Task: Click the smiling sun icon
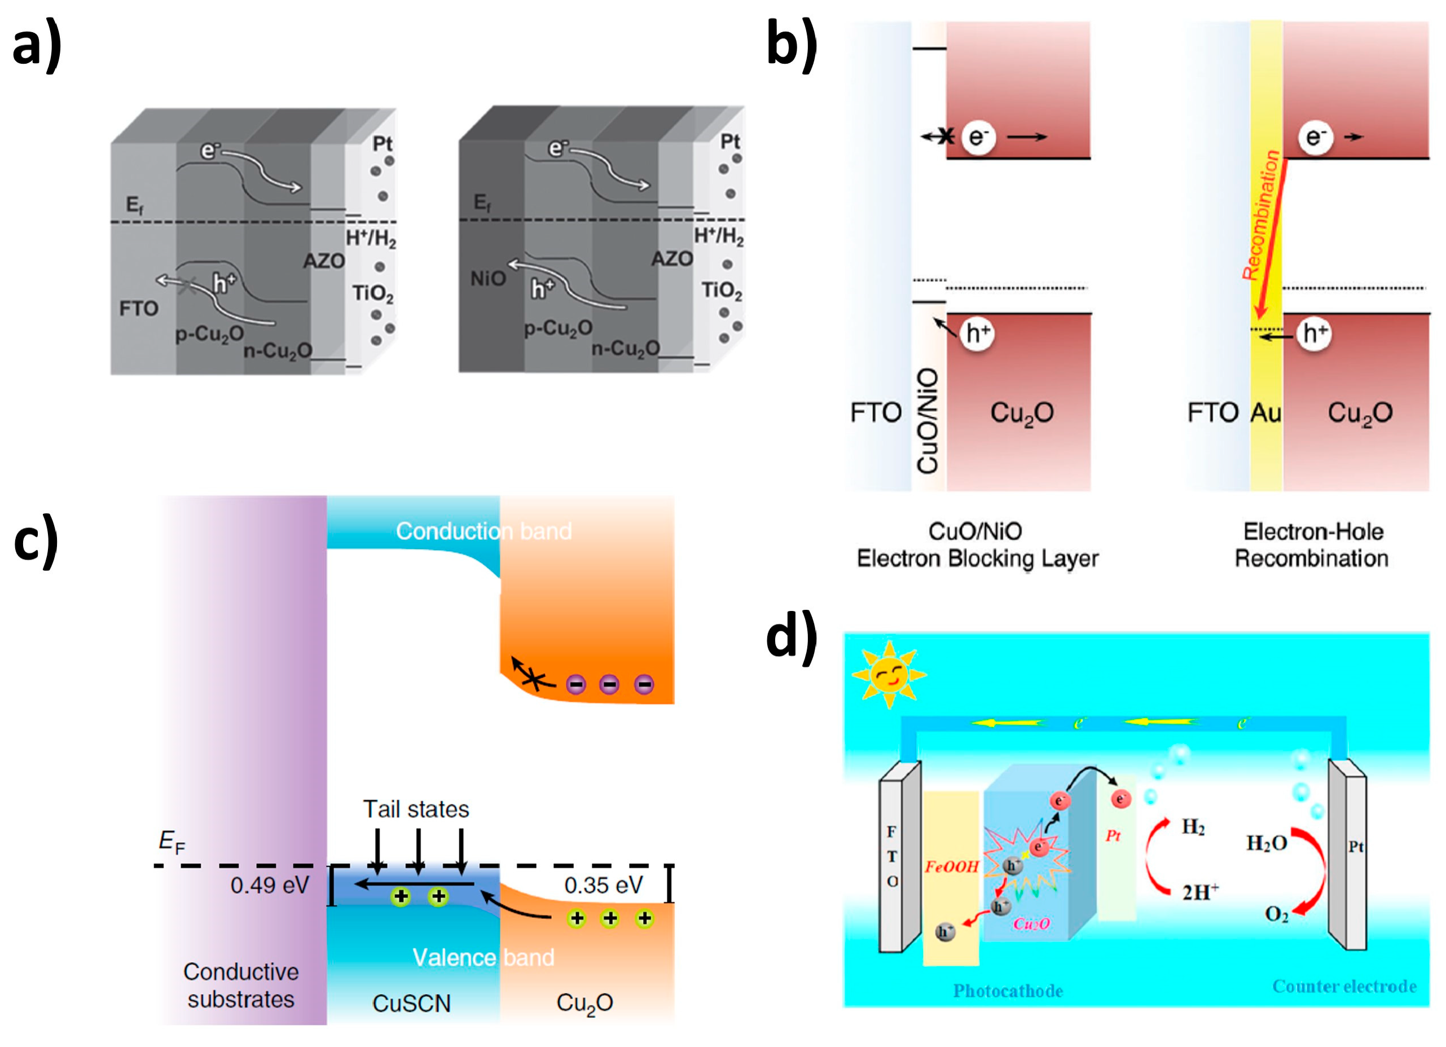point(889,675)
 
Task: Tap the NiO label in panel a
point(488,279)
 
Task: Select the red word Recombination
point(1262,215)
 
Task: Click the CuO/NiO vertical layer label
point(927,421)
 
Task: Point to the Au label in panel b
point(1265,412)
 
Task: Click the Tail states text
point(416,808)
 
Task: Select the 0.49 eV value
point(270,885)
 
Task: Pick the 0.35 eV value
point(603,885)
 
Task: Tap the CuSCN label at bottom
point(411,1003)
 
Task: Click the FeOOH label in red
point(951,866)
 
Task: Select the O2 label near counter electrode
point(1276,914)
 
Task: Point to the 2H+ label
point(1200,891)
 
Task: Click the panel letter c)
point(36,542)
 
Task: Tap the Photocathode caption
point(1008,990)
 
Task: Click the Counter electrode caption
point(1344,987)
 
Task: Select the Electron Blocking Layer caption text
point(977,558)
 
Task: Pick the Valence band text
point(484,957)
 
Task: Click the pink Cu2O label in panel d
point(1031,924)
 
